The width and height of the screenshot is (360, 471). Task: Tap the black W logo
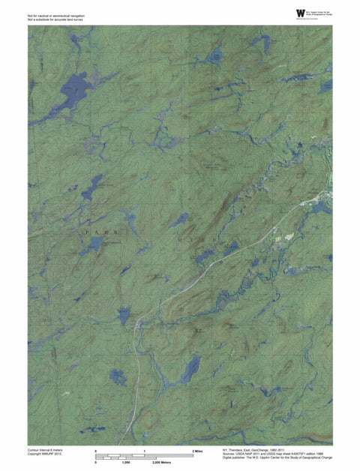click(x=301, y=13)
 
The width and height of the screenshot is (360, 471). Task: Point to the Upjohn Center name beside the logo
click(x=319, y=13)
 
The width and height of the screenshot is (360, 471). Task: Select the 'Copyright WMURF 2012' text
click(x=43, y=454)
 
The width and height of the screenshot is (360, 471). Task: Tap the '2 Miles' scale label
click(x=197, y=451)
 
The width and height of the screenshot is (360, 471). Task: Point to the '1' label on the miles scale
click(x=144, y=451)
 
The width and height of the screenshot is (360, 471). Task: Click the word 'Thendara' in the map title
click(x=238, y=449)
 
